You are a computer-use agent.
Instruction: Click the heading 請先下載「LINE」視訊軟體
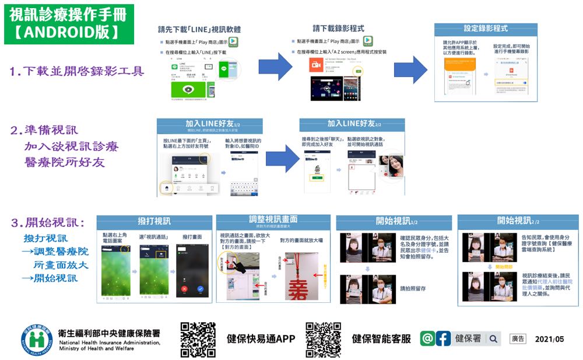pyautogui.click(x=200, y=29)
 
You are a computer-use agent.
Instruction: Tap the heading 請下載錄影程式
pyautogui.click(x=339, y=28)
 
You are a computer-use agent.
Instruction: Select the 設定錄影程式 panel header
pyautogui.click(x=486, y=28)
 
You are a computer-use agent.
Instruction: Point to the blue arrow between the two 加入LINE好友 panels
pyautogui.click(x=282, y=158)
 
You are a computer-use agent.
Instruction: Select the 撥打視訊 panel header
pyautogui.click(x=154, y=221)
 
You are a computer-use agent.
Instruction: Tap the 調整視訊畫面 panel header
pyautogui.click(x=273, y=219)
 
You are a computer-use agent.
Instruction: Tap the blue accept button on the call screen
pyautogui.click(x=201, y=288)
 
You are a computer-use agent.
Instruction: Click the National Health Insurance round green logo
pyautogui.click(x=37, y=338)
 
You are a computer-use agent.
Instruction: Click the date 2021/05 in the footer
pyautogui.click(x=549, y=339)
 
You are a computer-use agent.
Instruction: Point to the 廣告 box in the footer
pyautogui.click(x=518, y=338)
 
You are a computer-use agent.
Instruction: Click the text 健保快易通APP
pyautogui.click(x=261, y=339)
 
